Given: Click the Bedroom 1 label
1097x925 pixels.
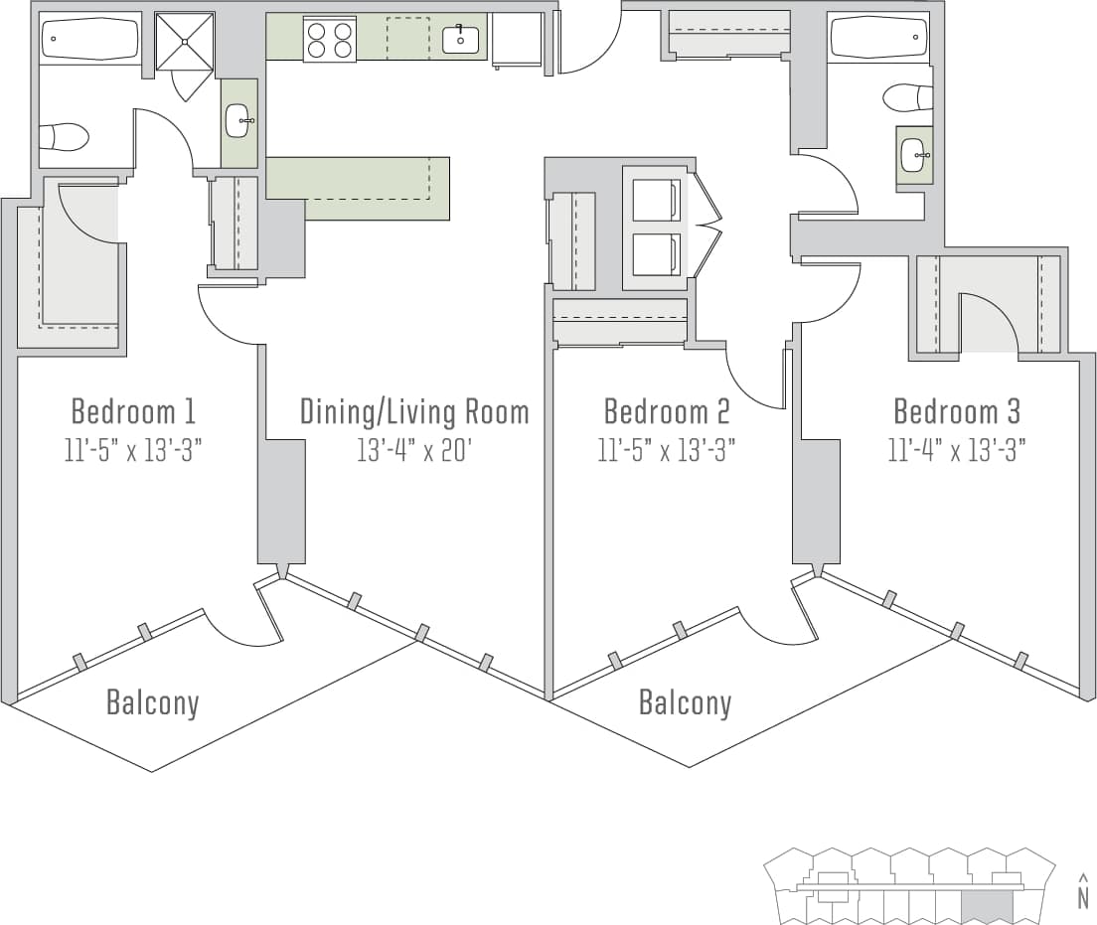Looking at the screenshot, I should point(133,410).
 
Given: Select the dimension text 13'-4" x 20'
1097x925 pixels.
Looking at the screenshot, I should point(413,450).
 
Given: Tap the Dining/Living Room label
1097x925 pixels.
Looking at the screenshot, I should point(414,410).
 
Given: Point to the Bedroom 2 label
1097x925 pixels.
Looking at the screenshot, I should point(667,410).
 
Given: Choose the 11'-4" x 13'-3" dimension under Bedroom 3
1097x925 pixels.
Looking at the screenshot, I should point(957,450).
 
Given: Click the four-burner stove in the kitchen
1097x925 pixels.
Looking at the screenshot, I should point(330,41).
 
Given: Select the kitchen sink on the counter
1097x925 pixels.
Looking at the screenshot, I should point(460,40).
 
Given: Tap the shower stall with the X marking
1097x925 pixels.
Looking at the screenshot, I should point(185,42).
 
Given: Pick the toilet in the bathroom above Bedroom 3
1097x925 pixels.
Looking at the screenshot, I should point(908,97).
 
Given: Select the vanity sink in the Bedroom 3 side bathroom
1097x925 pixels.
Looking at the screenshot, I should point(914,155).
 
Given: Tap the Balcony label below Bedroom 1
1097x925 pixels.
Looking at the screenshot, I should point(153,703).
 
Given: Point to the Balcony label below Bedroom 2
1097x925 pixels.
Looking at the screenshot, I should point(685,703).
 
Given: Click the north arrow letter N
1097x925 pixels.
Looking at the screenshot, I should point(1082,898).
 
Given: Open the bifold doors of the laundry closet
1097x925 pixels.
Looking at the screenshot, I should point(705,227).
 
